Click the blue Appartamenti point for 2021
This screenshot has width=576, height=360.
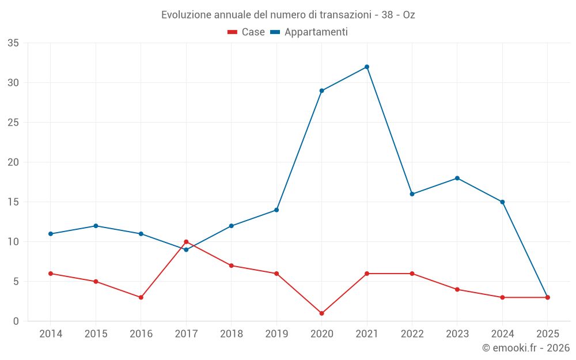pyautogui.click(x=367, y=67)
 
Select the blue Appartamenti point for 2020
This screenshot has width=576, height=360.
pyautogui.click(x=321, y=90)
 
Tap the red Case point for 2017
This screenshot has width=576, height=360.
pyautogui.click(x=186, y=242)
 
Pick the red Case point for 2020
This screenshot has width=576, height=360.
pyautogui.click(x=321, y=313)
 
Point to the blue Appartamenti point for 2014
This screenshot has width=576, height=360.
pyautogui.click(x=51, y=234)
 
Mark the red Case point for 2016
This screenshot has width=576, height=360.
pyautogui.click(x=141, y=297)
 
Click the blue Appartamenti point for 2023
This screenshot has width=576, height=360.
pyautogui.click(x=457, y=178)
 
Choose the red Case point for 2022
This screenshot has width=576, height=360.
pyautogui.click(x=412, y=274)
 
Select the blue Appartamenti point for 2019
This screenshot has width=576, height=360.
pyautogui.click(x=276, y=210)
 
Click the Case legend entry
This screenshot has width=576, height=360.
pyautogui.click(x=247, y=32)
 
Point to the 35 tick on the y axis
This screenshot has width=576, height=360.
pyautogui.click(x=13, y=43)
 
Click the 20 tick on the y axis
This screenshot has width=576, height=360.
pyautogui.click(x=13, y=162)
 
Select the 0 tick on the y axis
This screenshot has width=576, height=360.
pyautogui.click(x=16, y=321)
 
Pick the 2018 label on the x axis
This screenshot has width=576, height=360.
pyautogui.click(x=231, y=334)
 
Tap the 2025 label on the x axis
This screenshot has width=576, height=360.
pyautogui.click(x=547, y=334)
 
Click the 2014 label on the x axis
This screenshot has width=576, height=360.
pyautogui.click(x=51, y=334)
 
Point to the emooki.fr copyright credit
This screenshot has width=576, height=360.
pyautogui.click(x=526, y=348)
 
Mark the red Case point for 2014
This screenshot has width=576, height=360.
pyautogui.click(x=51, y=274)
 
